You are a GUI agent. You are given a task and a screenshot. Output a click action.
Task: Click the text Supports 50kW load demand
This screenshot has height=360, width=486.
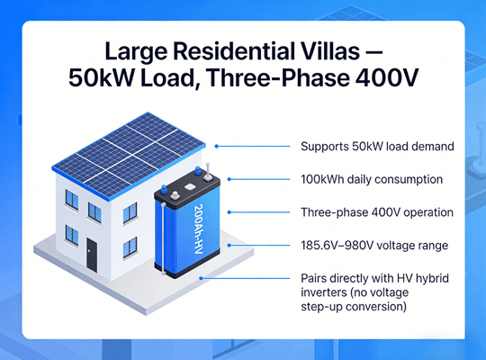[363, 146]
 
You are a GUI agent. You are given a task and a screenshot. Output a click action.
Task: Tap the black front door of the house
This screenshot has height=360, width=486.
[91, 257]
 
